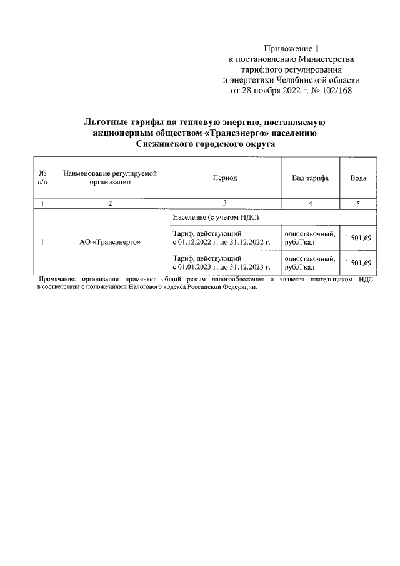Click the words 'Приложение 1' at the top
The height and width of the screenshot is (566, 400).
click(x=291, y=48)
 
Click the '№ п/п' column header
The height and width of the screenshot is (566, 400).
click(x=42, y=178)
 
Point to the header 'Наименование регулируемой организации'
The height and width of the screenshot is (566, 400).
click(x=109, y=178)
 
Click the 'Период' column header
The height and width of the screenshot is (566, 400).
click(x=225, y=178)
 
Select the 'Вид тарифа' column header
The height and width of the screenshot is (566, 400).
click(x=310, y=178)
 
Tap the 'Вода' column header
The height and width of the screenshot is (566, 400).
click(x=358, y=178)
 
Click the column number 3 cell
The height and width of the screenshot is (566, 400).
click(x=225, y=203)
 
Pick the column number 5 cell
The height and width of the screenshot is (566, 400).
click(x=358, y=203)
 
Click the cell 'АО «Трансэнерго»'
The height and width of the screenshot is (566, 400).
click(x=109, y=242)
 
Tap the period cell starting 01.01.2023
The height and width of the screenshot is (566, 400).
click(x=221, y=262)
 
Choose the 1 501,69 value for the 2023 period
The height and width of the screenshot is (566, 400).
click(x=359, y=262)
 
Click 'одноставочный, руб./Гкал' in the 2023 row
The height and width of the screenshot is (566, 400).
click(x=309, y=262)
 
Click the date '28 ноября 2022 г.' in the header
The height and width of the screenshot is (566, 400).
click(x=274, y=91)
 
